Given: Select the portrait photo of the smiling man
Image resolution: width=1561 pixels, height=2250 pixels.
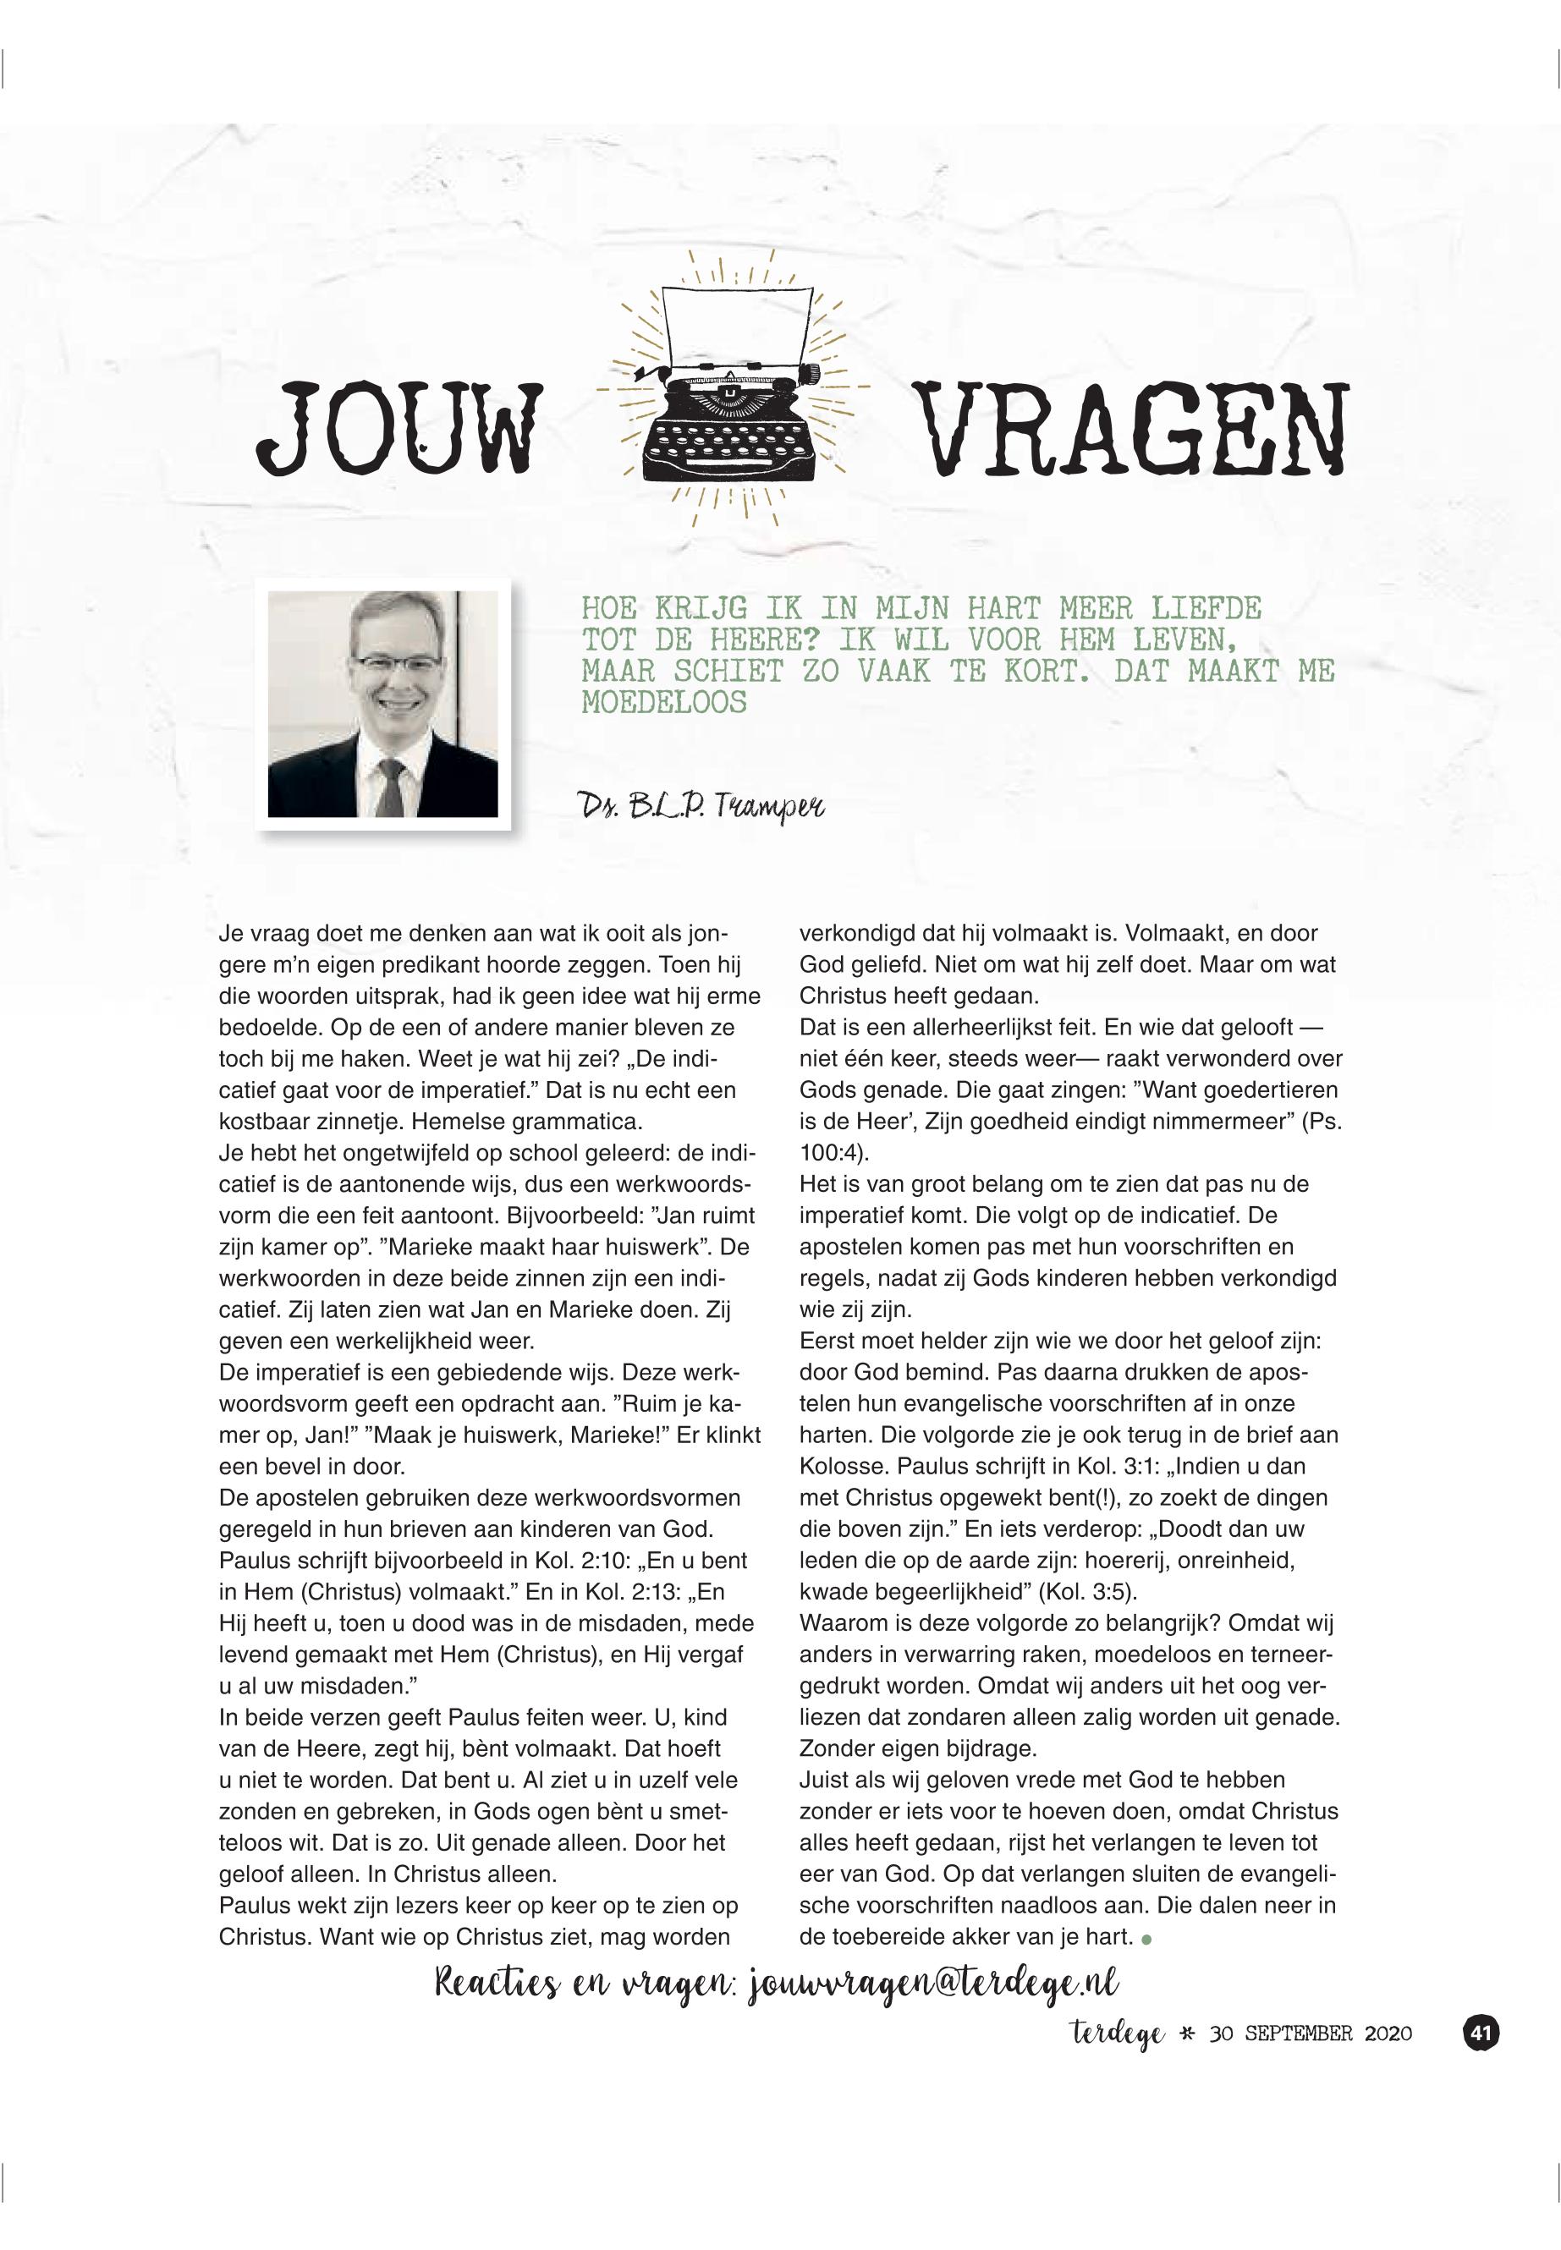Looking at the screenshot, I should [x=382, y=704].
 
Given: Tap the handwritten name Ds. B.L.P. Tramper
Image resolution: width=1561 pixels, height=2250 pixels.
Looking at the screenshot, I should [x=702, y=806].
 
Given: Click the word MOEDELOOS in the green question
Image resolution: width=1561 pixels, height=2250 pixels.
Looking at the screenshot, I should [x=664, y=702].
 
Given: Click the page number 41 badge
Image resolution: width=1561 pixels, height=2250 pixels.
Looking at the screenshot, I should [x=1480, y=2033].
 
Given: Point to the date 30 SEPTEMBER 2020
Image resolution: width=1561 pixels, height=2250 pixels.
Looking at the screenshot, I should [x=1311, y=2034].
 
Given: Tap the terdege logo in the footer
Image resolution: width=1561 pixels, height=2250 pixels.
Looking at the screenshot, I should [x=1116, y=2034].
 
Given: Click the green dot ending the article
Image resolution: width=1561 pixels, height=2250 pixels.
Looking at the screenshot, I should [x=1146, y=1939].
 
